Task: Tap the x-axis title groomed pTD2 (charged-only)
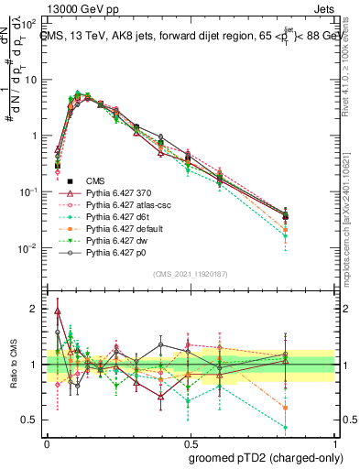(266, 458)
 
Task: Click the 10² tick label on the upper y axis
(30, 23)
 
